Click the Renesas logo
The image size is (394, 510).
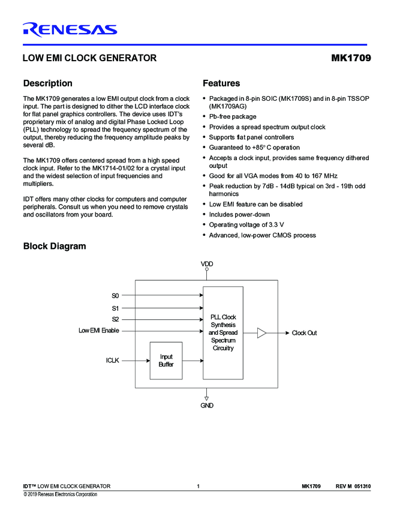click(70, 29)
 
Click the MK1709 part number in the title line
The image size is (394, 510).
click(350, 58)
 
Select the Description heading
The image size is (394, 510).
click(47, 83)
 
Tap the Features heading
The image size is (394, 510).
click(221, 83)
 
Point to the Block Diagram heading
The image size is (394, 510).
click(54, 246)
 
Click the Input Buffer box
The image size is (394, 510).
click(166, 361)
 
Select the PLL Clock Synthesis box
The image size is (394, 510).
click(223, 332)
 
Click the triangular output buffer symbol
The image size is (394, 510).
click(261, 332)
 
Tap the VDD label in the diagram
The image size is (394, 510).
click(207, 264)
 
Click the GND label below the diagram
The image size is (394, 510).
click(206, 406)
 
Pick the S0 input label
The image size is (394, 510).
click(115, 295)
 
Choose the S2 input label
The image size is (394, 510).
click(115, 319)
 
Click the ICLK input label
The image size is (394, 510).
click(113, 361)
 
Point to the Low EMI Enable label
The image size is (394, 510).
click(99, 331)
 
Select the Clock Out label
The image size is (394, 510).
click(304, 333)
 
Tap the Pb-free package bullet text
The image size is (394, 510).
click(232, 116)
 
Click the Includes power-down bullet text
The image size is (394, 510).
click(239, 214)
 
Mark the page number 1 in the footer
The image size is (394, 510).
click(197, 485)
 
